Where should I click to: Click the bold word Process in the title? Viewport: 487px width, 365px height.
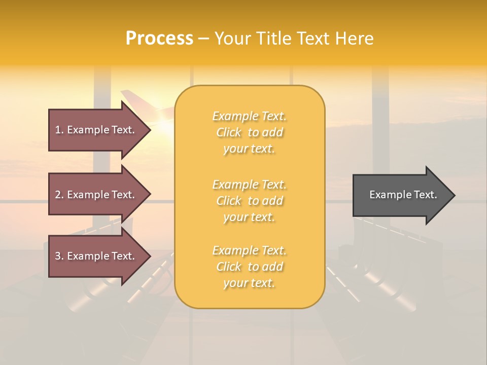[159, 39]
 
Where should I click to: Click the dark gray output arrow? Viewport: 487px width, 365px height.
[396, 195]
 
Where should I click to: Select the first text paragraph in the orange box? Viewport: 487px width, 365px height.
[249, 132]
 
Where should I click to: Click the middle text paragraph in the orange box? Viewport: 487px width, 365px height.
[249, 201]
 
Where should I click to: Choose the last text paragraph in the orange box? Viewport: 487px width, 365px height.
[249, 267]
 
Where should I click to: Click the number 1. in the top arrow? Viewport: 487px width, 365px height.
[59, 130]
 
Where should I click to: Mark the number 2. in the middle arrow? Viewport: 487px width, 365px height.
[59, 195]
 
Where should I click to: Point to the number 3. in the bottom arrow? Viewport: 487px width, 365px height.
[59, 256]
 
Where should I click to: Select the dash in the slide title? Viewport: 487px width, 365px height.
[203, 39]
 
